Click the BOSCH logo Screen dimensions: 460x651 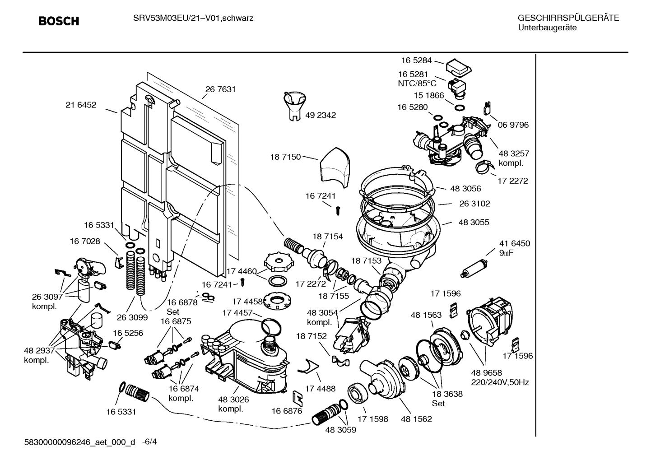point(59,21)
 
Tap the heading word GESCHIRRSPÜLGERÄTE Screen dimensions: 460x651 point(568,19)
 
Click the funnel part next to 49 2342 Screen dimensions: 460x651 point(294,105)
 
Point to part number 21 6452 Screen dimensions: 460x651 point(81,105)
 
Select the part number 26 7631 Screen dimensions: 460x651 point(220,89)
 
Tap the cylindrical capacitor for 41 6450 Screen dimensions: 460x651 point(474,268)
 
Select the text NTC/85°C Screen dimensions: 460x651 point(417,84)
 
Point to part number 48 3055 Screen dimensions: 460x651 point(474,223)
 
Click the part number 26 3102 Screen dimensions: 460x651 point(474,204)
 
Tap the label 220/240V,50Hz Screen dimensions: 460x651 point(500,382)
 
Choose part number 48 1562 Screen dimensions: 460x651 point(416,419)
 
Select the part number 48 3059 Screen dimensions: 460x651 point(340,430)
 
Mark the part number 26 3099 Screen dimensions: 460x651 point(133,317)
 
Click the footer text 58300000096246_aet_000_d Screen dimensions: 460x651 point(79,442)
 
